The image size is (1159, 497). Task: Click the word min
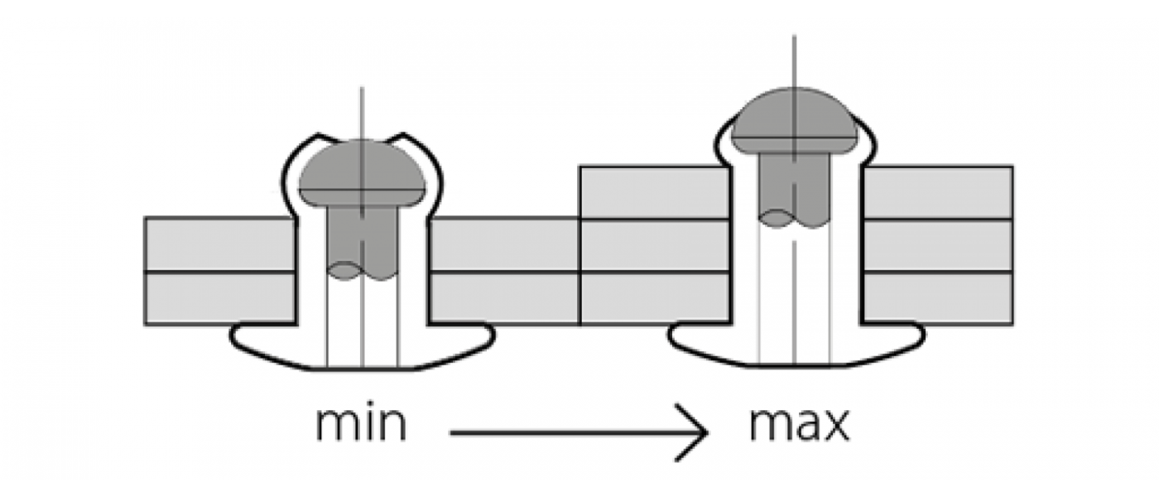click(x=361, y=423)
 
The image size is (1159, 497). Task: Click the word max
click(x=799, y=423)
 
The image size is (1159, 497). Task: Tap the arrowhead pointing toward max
click(x=700, y=432)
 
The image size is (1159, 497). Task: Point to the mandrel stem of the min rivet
click(x=362, y=240)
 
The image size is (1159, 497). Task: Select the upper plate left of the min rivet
click(x=219, y=244)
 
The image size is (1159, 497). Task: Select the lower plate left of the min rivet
click(x=219, y=297)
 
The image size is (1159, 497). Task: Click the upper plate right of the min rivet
click(x=503, y=244)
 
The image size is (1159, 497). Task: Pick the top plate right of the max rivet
click(x=937, y=192)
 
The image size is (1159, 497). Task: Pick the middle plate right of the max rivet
click(x=937, y=245)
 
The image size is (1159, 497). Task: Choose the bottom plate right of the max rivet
click(x=937, y=297)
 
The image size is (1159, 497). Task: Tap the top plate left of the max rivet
click(x=654, y=192)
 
